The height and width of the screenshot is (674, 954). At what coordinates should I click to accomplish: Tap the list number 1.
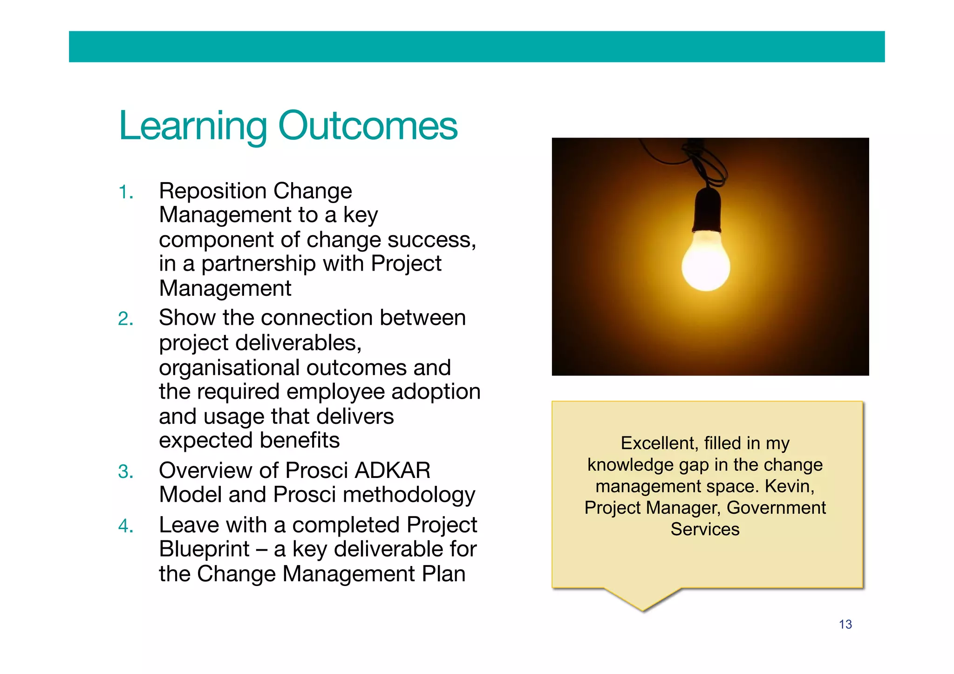coord(125,192)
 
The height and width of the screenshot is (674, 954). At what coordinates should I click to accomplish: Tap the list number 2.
coord(125,319)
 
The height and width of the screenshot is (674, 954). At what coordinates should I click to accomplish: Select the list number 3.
coord(125,472)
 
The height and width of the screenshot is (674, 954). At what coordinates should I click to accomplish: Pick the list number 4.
coord(125,526)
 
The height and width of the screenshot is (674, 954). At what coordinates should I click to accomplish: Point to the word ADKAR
coord(392,470)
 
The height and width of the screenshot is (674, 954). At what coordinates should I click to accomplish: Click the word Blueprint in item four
coord(204,549)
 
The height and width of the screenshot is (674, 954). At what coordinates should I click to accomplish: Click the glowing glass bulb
coord(705,263)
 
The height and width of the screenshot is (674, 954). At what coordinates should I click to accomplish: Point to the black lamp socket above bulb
coord(707,210)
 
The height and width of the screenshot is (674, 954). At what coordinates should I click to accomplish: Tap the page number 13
coord(845,625)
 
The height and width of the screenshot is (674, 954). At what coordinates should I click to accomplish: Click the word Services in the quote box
coord(705,530)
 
